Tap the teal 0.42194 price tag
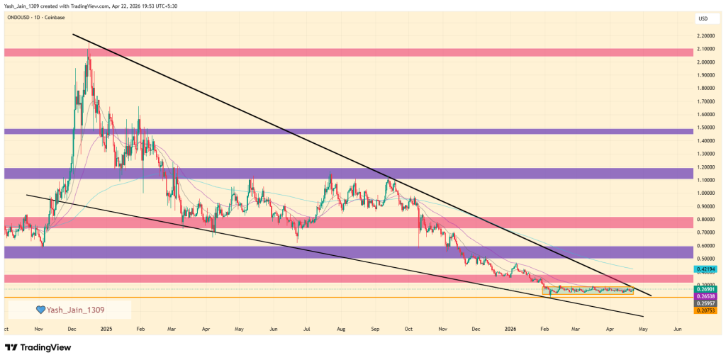click(707, 269)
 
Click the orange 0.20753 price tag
click(707, 310)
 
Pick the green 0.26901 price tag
click(707, 289)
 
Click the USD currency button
click(704, 18)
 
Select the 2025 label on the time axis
click(106, 329)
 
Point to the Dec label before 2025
click(72, 329)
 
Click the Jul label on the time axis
click(307, 329)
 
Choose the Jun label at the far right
click(677, 329)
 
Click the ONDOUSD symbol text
click(22, 17)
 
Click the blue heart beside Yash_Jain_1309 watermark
click(41, 310)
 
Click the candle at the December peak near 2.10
click(88, 53)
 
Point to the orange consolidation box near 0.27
click(588, 290)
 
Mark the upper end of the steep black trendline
click(73, 34)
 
